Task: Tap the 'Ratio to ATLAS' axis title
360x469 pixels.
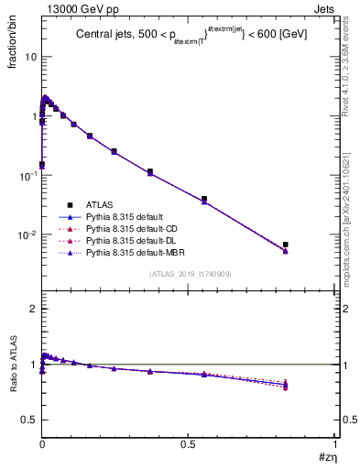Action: [x=12, y=365]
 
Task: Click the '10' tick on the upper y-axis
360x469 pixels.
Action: [x=30, y=56]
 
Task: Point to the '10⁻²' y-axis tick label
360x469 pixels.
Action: [x=27, y=234]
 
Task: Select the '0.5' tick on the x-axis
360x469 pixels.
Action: [x=188, y=442]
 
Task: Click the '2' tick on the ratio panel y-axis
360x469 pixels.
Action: [x=33, y=309]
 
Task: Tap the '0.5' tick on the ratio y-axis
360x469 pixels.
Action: [x=29, y=420]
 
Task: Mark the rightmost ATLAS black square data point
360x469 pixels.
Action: [x=286, y=245]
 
